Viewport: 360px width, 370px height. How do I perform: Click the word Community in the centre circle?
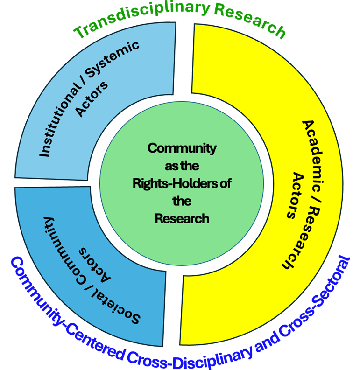click(x=182, y=148)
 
